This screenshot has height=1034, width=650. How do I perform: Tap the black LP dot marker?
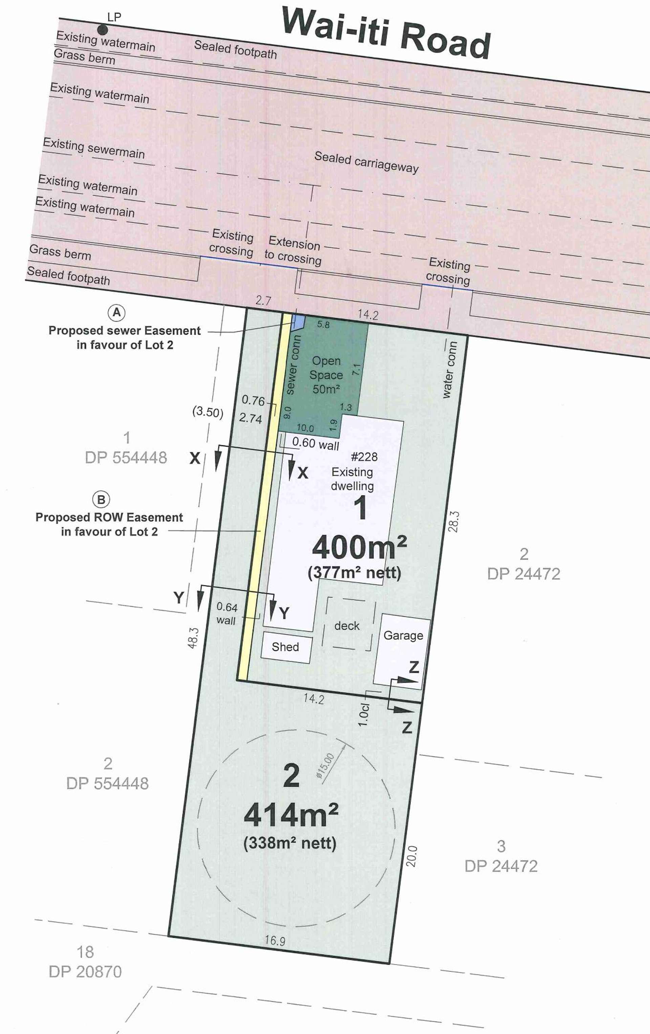coord(102,30)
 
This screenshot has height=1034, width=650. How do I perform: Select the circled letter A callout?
coord(116,313)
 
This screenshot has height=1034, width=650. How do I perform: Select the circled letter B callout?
coord(101,499)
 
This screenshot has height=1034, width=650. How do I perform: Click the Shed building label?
coord(285,647)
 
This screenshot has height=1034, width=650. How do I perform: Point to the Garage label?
coord(403,635)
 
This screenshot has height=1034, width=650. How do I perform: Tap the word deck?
coord(347,626)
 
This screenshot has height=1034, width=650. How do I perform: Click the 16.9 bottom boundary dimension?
coord(275,940)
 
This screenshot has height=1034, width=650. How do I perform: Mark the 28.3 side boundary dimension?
coord(454,521)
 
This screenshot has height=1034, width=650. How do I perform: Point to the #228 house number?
coord(364,456)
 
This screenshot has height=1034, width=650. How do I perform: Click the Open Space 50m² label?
coord(326,375)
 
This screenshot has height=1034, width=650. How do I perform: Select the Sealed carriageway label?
coord(366,162)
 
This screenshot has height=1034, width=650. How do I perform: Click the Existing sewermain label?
coord(94,148)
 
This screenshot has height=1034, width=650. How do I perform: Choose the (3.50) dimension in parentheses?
coord(208,412)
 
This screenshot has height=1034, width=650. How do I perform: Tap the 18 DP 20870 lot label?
coord(85,962)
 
